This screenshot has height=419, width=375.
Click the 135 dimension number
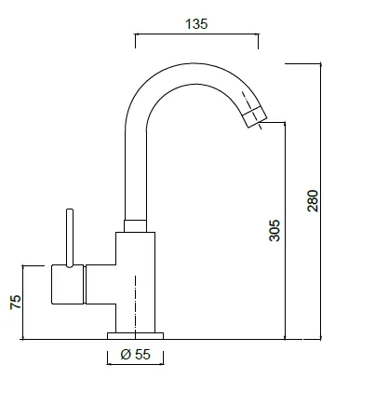click(x=196, y=24)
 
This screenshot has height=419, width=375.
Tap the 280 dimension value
click(x=313, y=201)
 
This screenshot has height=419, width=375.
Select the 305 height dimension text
click(x=275, y=230)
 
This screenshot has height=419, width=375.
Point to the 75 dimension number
click(x=16, y=302)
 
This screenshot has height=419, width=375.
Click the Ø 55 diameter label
click(x=135, y=354)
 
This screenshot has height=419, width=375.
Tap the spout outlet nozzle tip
click(x=254, y=116)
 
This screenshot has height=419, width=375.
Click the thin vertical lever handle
click(x=70, y=237)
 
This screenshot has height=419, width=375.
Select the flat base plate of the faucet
click(x=135, y=336)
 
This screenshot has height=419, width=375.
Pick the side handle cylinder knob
click(x=68, y=284)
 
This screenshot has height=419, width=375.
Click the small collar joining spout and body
click(x=135, y=226)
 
